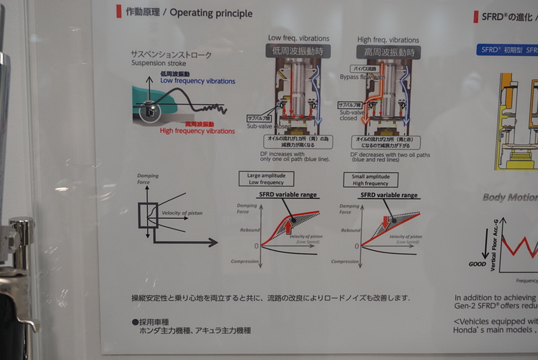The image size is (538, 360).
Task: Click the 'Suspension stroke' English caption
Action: coord(159,63)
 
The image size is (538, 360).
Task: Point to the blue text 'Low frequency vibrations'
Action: coord(197,80)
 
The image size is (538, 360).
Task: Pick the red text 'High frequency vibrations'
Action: coord(197,131)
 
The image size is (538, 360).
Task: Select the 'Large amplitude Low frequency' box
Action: coord(263,178)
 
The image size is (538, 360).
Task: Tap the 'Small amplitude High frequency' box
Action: coord(371,179)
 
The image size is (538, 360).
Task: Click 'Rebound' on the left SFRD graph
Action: coord(250,230)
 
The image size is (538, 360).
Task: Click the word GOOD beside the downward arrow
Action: coord(477,264)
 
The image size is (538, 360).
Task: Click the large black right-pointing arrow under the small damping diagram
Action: coord(189,242)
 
